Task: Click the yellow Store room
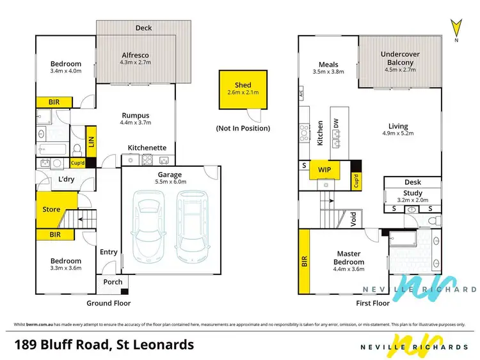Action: (x=51, y=209)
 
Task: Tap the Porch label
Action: (x=113, y=282)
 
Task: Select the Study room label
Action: (x=413, y=193)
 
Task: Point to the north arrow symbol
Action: (x=456, y=29)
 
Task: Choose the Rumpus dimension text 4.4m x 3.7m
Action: (x=136, y=123)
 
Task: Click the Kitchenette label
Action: (x=147, y=148)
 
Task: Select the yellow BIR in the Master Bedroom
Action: (x=304, y=261)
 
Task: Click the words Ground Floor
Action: (x=109, y=303)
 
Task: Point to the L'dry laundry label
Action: (x=67, y=180)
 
